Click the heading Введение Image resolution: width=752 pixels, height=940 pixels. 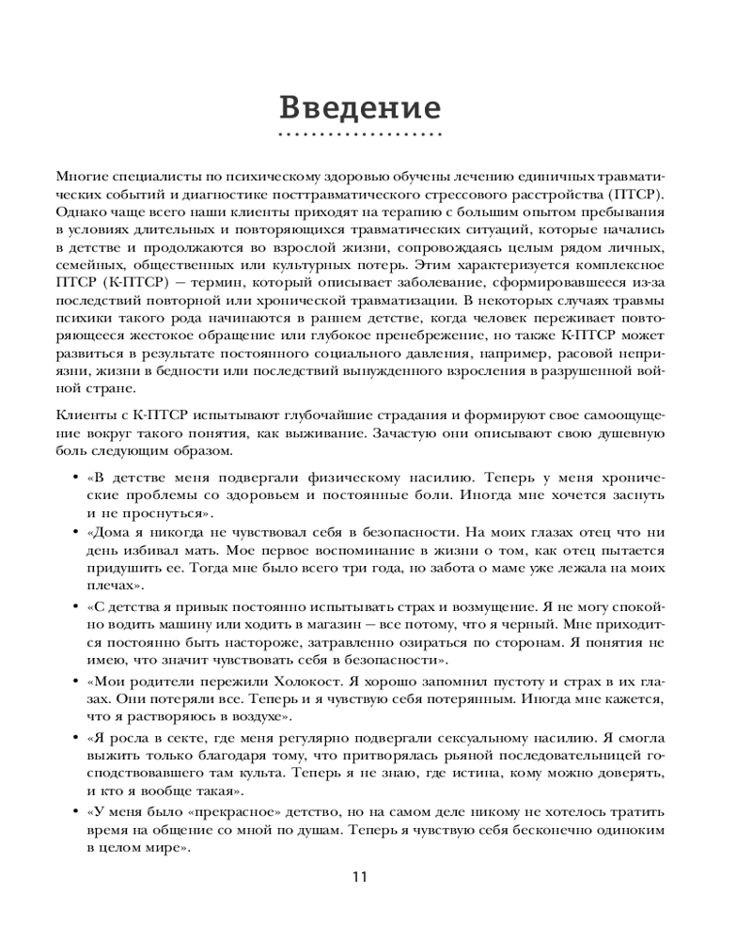pyautogui.click(x=361, y=107)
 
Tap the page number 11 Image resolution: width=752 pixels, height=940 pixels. pyautogui.click(x=360, y=877)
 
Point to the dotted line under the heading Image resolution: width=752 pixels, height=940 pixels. pyautogui.click(x=361, y=136)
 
